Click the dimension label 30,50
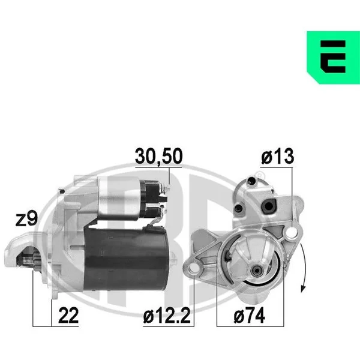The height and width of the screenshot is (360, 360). tap(158, 157)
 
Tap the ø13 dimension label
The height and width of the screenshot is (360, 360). tap(277, 156)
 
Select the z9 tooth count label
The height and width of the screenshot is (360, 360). tap(26, 219)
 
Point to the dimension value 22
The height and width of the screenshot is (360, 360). tap(68, 316)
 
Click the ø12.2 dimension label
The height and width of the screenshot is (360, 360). tap(167, 316)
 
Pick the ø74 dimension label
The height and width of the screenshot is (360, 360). tap(250, 316)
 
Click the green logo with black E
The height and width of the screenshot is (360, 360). tap(333, 58)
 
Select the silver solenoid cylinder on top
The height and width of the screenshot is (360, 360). tap(119, 199)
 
